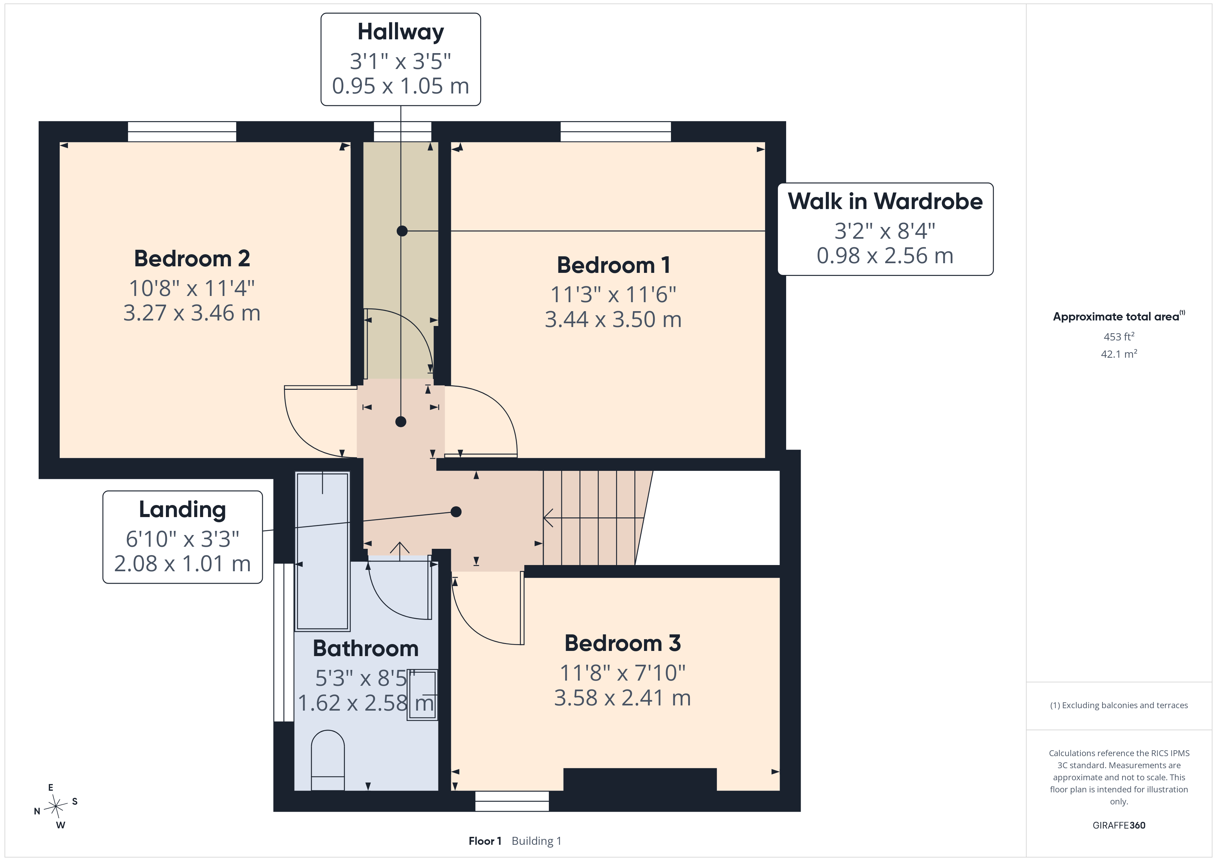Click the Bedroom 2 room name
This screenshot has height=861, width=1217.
[192, 259]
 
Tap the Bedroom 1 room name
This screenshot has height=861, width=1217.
[613, 265]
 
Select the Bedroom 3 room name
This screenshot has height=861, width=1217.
[622, 643]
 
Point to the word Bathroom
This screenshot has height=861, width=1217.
[366, 649]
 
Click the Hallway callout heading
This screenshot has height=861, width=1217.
[401, 32]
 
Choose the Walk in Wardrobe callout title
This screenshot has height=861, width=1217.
[885, 201]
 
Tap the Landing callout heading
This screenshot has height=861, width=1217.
[182, 509]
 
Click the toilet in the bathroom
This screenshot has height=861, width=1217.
[328, 760]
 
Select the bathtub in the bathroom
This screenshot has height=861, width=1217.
[322, 551]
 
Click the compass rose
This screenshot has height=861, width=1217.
[56, 806]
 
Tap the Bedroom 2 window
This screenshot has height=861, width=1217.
[182, 131]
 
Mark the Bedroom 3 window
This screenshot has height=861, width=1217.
[512, 801]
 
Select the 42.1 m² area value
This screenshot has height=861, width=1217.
[1119, 354]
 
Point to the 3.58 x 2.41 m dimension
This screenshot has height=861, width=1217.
[622, 698]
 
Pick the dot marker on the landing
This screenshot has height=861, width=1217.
[456, 512]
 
